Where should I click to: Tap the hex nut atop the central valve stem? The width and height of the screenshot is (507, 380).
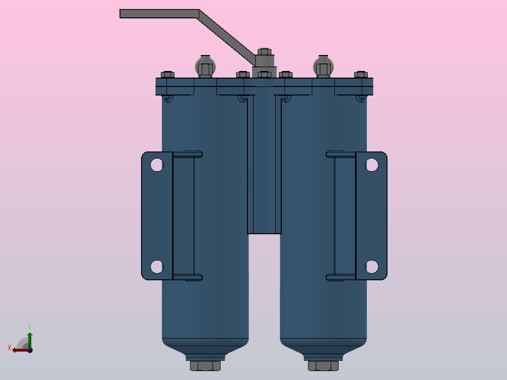(x=264, y=52)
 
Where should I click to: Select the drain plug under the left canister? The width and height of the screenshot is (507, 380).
(x=205, y=365)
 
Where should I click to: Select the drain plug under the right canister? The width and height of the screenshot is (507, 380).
(x=323, y=365)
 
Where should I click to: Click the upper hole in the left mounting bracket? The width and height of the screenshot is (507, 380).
(x=157, y=165)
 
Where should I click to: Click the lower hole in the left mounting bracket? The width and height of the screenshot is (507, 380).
(x=157, y=267)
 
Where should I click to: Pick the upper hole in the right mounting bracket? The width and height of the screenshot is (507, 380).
(x=372, y=165)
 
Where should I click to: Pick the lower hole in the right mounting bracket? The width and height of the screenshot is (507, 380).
(x=372, y=267)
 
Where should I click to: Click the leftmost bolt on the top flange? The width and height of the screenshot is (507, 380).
(x=167, y=74)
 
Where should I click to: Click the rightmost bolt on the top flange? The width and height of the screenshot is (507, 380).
(x=361, y=74)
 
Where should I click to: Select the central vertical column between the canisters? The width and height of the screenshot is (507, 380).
(x=264, y=165)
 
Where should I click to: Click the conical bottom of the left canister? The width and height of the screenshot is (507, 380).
(x=205, y=347)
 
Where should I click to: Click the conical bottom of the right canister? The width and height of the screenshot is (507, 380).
(x=323, y=347)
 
